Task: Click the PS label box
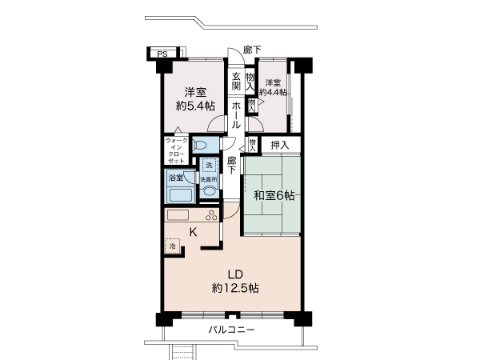point(162,54)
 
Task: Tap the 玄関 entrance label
point(238,82)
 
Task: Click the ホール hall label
point(238,115)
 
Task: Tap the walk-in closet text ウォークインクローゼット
point(176,150)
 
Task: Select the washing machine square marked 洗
point(209,165)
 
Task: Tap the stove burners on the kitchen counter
point(211,215)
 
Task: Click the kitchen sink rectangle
point(177,215)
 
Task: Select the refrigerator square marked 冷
point(172,246)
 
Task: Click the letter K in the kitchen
point(193,232)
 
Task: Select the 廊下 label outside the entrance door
point(252,50)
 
